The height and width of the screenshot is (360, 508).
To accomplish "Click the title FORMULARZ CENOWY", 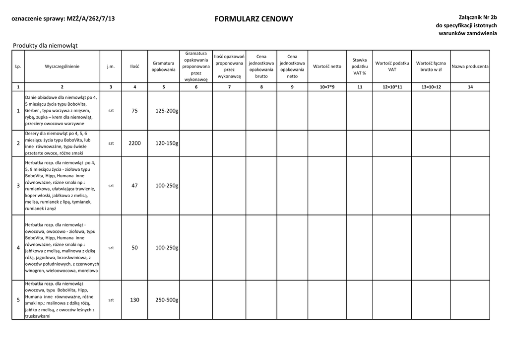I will click(x=254, y=19).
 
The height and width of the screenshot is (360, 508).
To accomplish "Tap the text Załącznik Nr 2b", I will click(x=472, y=17).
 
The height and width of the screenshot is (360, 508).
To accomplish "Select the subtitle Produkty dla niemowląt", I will click(x=45, y=46).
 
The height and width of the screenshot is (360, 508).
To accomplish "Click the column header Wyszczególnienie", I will click(x=62, y=66).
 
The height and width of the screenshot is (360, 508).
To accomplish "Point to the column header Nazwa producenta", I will click(x=470, y=66).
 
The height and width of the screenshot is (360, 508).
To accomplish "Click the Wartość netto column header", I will click(x=327, y=66).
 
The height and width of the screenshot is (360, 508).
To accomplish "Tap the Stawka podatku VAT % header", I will click(x=360, y=66).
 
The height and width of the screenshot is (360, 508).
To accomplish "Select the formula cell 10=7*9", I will click(x=327, y=87).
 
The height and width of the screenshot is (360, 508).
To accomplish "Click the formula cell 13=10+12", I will click(x=431, y=87).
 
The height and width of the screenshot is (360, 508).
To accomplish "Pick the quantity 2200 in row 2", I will click(x=134, y=143).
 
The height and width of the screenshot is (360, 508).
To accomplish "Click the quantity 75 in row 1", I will click(x=134, y=111).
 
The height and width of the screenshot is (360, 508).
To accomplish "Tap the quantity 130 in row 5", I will click(x=134, y=300).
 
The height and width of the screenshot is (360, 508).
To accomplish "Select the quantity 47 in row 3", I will click(x=134, y=185).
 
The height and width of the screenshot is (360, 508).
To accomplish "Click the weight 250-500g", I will click(x=167, y=300).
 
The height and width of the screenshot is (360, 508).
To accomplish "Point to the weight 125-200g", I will click(x=167, y=111).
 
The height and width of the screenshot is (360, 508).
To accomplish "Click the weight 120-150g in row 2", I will click(x=167, y=143).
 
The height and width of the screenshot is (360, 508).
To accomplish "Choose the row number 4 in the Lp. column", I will click(x=18, y=247).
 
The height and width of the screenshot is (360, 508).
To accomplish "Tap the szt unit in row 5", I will click(x=111, y=300).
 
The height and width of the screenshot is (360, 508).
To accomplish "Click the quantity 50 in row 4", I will click(x=134, y=247).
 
